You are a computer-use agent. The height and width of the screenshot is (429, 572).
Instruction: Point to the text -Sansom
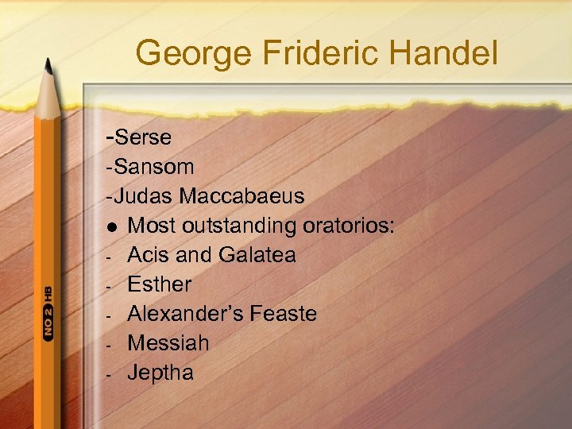[x=149, y=167]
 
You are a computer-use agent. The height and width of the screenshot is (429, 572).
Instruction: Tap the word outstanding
[x=239, y=226]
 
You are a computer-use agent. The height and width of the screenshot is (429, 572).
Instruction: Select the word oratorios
[x=349, y=226]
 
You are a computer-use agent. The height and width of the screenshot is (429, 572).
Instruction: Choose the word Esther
[x=160, y=284]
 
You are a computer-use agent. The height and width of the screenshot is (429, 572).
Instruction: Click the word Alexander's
[x=185, y=314]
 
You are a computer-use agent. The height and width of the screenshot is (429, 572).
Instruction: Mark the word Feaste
[x=283, y=314]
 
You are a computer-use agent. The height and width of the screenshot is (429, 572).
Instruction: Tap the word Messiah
[x=168, y=343]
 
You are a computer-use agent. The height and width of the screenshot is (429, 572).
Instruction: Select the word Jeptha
[x=160, y=373]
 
